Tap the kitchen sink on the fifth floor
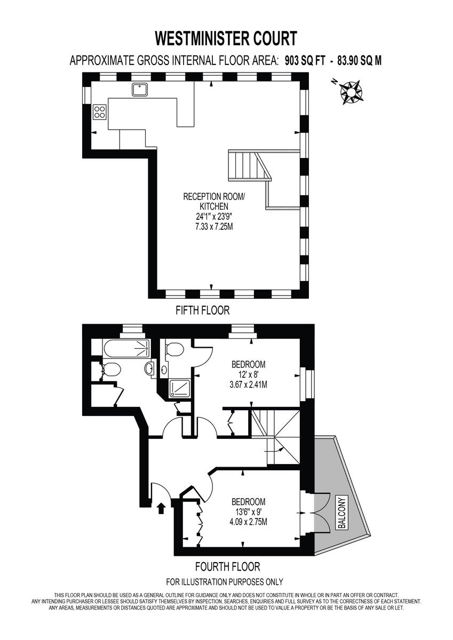(x=140, y=90)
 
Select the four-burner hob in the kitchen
(x=100, y=111)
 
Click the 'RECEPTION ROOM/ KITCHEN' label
(x=213, y=201)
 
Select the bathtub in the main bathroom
(x=126, y=349)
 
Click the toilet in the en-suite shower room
(x=174, y=350)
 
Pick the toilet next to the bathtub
(x=110, y=369)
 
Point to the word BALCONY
(x=342, y=513)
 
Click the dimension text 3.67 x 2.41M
(x=249, y=383)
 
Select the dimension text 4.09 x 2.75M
(x=249, y=521)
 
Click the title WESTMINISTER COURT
(x=226, y=38)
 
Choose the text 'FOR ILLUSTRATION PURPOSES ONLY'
(x=225, y=582)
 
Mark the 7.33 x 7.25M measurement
(x=214, y=227)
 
